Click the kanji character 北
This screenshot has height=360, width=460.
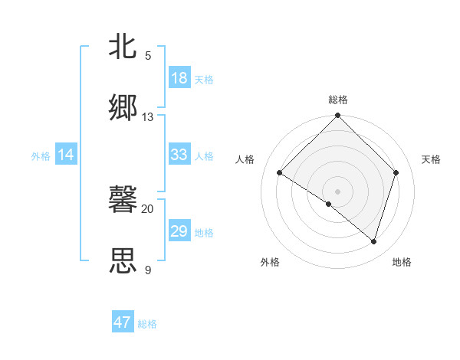pos(123,46)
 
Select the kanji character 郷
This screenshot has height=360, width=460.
pos(123,106)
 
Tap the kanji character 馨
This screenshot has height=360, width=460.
pos(123,199)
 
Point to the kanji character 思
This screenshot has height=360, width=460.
pos(123,260)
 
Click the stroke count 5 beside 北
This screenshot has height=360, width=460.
pos(148,56)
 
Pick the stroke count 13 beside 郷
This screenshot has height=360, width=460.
pos(148,117)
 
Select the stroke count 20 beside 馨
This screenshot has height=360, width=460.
pos(148,208)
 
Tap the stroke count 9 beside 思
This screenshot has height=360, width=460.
pos(148,270)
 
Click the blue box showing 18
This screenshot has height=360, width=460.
pos(179,78)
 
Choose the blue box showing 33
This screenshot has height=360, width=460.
pos(179,154)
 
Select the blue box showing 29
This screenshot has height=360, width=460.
pos(179,231)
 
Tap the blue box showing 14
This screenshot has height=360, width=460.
pos(66,155)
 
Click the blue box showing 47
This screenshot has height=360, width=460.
pos(123,322)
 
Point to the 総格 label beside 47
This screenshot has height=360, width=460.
pos(147,324)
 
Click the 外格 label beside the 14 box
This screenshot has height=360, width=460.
pos(41,156)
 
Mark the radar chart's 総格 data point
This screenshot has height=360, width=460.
pos(337,116)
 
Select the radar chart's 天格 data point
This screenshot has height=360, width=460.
pos(396,172)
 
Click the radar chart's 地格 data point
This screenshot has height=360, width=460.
pos(373,242)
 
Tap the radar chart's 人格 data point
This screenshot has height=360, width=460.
pos(280,173)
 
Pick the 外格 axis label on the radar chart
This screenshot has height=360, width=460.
pos(270,263)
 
